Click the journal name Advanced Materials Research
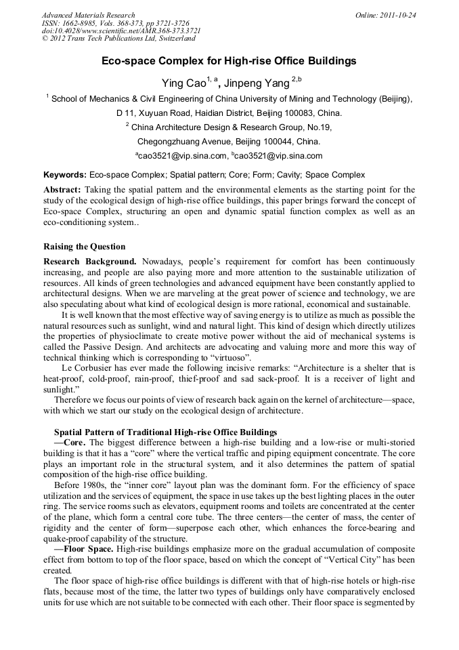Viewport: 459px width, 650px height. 88,15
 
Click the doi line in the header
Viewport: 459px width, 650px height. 121,31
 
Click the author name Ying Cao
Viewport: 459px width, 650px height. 183,83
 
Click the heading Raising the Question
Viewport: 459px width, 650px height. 84,246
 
